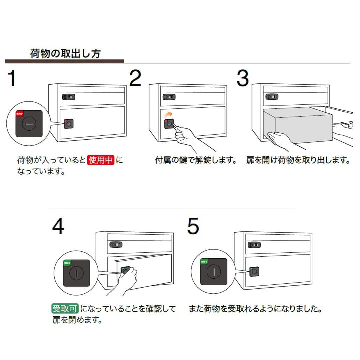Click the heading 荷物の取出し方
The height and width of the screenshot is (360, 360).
[x=65, y=53]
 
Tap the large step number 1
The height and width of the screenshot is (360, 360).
[x=12, y=78]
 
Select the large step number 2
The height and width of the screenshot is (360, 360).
[x=135, y=78]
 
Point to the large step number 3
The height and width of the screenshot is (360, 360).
[x=243, y=78]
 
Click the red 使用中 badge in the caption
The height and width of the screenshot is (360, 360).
[x=101, y=160]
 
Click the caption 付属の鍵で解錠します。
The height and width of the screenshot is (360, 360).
[x=196, y=160]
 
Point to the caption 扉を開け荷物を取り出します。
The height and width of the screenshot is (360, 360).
[x=298, y=160]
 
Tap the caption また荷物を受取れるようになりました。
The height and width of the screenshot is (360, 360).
[x=255, y=308]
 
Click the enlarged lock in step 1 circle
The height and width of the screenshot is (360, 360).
[x=29, y=124]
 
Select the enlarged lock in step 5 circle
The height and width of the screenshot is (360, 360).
[x=213, y=272]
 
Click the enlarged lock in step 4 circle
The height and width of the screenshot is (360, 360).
[x=77, y=273]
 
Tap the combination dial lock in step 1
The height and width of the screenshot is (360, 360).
[x=69, y=97]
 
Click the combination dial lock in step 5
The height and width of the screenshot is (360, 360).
[x=254, y=245]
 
